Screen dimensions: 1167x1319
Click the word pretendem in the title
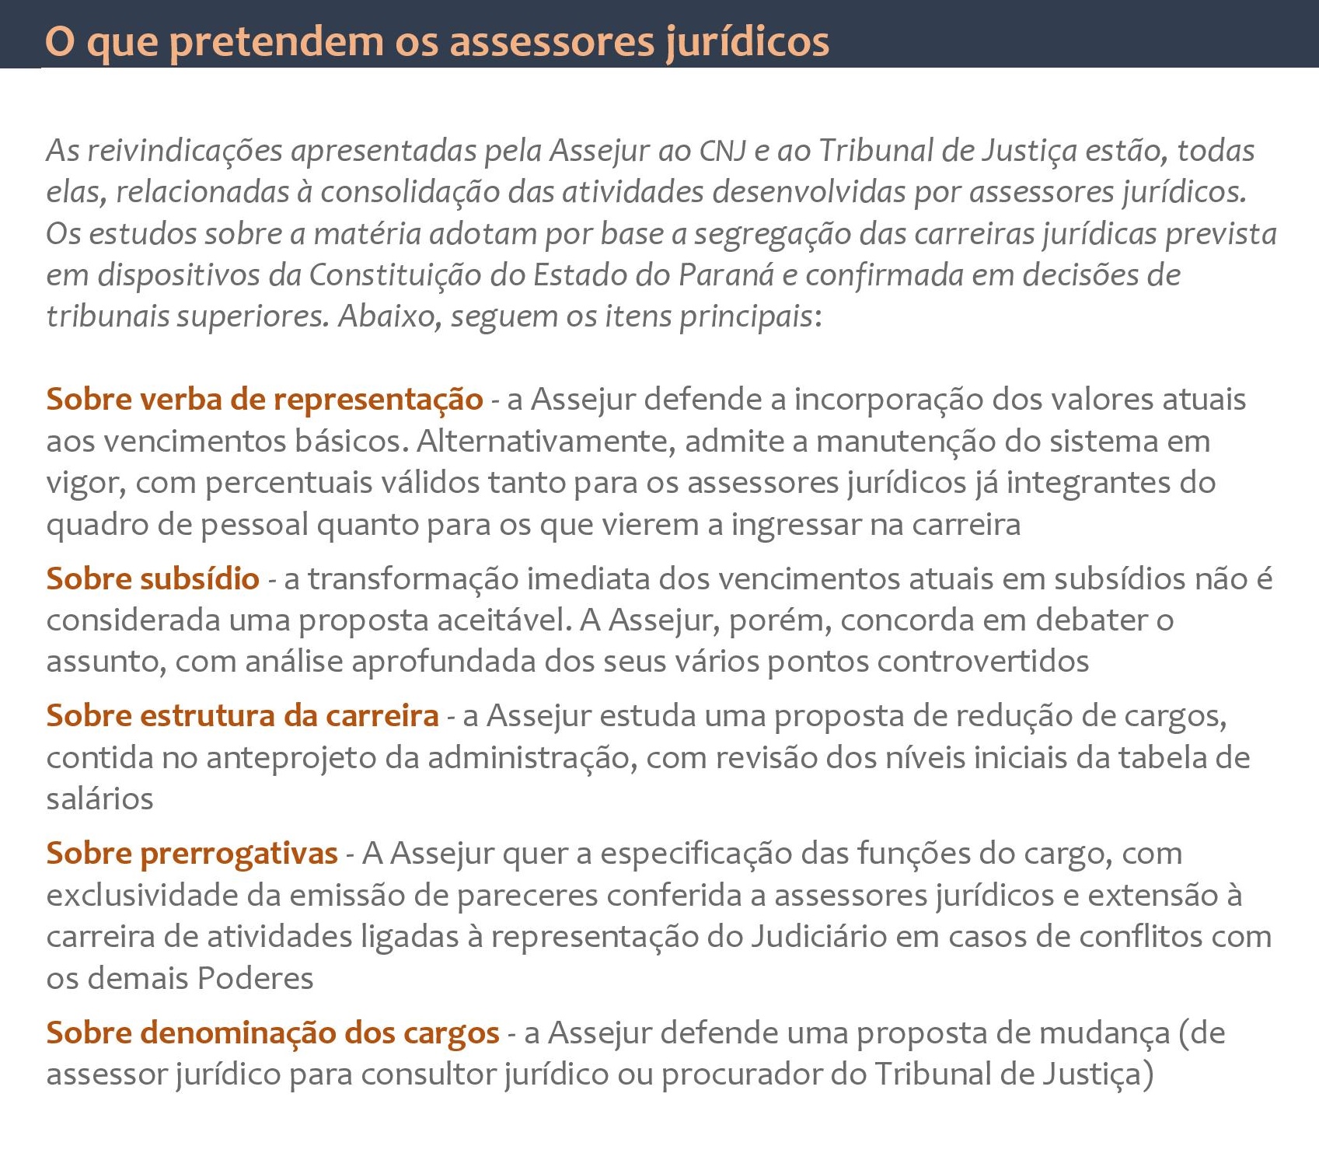pyautogui.click(x=276, y=42)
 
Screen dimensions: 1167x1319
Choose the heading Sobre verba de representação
pyautogui.click(x=264, y=400)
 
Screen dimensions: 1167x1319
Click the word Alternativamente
pyautogui.click(x=546, y=442)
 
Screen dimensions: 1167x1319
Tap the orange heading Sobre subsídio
pyautogui.click(x=152, y=579)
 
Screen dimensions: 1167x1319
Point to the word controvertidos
pyautogui.click(x=983, y=662)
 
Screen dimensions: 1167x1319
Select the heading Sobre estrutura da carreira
pyautogui.click(x=243, y=716)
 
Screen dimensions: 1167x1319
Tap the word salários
pyautogui.click(x=99, y=799)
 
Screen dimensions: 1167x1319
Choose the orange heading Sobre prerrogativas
pyautogui.click(x=192, y=854)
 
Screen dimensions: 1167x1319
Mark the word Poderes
pyautogui.click(x=255, y=978)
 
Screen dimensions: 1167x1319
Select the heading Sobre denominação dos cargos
pyautogui.click(x=273, y=1033)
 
